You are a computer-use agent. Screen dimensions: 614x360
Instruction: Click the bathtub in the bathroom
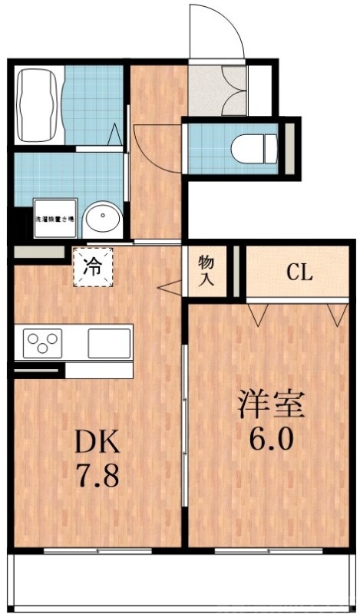(38, 105)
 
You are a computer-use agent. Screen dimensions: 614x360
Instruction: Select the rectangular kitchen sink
(108, 342)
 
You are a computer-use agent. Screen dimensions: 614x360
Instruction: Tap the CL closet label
(299, 272)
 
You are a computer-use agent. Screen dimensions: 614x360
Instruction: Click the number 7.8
(96, 477)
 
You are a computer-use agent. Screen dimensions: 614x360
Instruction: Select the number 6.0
(272, 440)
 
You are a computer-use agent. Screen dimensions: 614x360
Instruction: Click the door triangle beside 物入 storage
(170, 289)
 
